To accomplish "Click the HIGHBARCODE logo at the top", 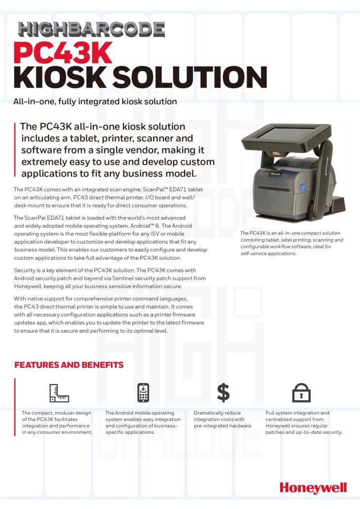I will tap(92, 30).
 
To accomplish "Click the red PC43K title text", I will tap(63, 54).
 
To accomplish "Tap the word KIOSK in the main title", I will tap(61, 77).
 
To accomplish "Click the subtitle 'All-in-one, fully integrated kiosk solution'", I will tap(95, 102).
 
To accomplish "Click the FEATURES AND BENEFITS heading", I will tap(69, 365).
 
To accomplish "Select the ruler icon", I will tap(59, 393).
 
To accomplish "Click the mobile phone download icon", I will tap(143, 392).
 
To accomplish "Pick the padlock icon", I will tap(301, 393).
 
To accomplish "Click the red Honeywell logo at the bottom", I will tap(313, 487).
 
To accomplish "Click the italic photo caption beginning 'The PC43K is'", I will tap(292, 243).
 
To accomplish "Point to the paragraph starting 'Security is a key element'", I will tap(110, 278).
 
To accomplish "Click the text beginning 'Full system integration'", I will tap(304, 422).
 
